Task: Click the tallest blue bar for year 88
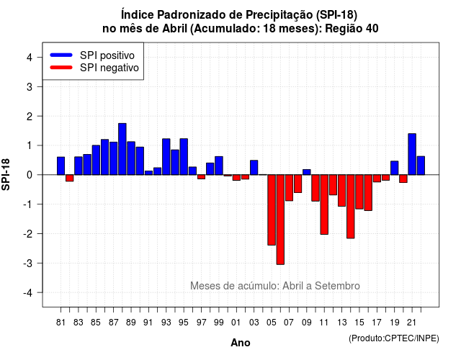pyautogui.click(x=122, y=149)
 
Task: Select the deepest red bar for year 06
pyautogui.click(x=280, y=220)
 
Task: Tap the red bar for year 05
pyautogui.click(x=272, y=210)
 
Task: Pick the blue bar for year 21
pyautogui.click(x=412, y=154)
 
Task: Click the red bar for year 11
pyautogui.click(x=324, y=204)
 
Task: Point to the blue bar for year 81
pyautogui.click(x=61, y=166)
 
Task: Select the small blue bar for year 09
pyautogui.click(x=307, y=172)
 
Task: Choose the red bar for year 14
pyautogui.click(x=351, y=207)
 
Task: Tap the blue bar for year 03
pyautogui.click(x=254, y=168)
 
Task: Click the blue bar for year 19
pyautogui.click(x=395, y=168)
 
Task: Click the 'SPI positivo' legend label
pyautogui.click(x=107, y=55)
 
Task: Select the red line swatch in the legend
pyautogui.click(x=61, y=68)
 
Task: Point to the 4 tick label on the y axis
pyautogui.click(x=30, y=58)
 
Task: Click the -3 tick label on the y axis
pyautogui.click(x=28, y=263)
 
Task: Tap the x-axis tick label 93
pyautogui.click(x=166, y=323)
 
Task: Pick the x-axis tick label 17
pyautogui.click(x=377, y=323)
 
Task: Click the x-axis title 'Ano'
pyautogui.click(x=241, y=343)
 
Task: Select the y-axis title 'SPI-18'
pyautogui.click(x=6, y=174)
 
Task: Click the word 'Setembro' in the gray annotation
pyautogui.click(x=337, y=286)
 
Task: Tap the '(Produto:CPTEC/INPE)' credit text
pyautogui.click(x=394, y=338)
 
